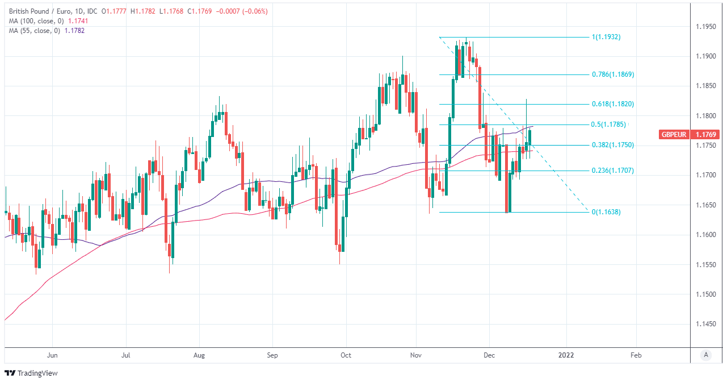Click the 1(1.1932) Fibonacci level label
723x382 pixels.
(606, 37)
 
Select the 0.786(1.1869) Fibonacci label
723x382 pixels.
(613, 74)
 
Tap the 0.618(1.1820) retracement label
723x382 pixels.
(613, 104)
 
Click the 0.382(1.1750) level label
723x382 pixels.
(613, 145)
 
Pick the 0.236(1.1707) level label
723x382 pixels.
(613, 171)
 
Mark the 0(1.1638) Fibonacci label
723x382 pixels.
(606, 212)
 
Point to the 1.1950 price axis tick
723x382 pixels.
(706, 27)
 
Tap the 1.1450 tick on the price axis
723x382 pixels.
(706, 324)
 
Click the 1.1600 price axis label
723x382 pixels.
(706, 235)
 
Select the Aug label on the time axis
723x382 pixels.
(200, 355)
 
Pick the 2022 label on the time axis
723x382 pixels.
(566, 355)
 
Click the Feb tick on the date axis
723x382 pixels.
(636, 355)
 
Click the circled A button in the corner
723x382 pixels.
(706, 355)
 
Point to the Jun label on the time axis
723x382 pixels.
(52, 355)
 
